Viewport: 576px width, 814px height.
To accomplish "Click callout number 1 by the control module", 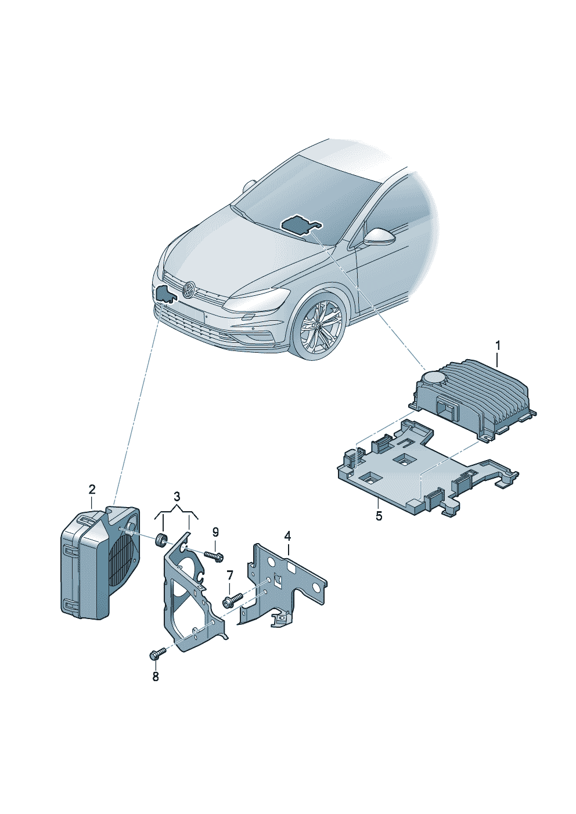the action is pos(498,346).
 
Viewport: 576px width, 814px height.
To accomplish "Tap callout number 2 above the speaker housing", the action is pos(92,490).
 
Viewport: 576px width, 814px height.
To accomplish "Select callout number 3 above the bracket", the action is pos(177,497).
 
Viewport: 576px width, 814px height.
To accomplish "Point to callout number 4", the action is pos(287,536).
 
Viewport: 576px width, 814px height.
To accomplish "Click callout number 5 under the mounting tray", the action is pos(379,516).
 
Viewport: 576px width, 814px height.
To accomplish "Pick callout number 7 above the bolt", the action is pos(229,586).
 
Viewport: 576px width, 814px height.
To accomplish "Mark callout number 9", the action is pos(215,533).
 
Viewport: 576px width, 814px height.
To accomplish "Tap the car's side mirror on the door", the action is pos(378,237).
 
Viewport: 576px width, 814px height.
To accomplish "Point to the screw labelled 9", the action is pos(214,566).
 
